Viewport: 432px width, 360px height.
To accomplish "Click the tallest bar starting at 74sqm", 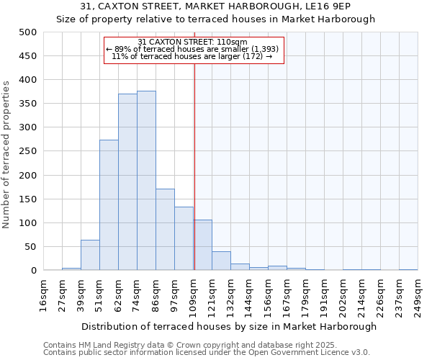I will tap(146, 181).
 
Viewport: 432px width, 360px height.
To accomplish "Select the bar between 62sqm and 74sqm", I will tap(127, 182).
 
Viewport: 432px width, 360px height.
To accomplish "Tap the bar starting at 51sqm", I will tap(109, 205).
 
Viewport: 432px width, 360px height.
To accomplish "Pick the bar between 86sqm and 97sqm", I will tap(165, 230).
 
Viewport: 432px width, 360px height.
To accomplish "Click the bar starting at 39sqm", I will tap(90, 256).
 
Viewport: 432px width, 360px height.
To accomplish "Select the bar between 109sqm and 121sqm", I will tap(203, 246).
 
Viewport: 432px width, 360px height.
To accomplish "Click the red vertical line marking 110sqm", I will tap(194, 166).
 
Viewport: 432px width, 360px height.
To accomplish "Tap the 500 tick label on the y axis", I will tap(28, 32).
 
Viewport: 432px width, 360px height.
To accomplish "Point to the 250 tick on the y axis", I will tap(28, 151).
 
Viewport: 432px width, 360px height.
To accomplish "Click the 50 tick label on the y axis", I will tap(31, 247).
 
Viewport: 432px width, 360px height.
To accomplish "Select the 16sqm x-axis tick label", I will tap(43, 295).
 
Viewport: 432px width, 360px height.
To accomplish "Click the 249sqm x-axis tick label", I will tap(418, 295).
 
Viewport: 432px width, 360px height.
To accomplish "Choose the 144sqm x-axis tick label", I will tap(249, 295).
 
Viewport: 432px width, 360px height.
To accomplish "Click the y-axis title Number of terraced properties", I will tap(7, 154).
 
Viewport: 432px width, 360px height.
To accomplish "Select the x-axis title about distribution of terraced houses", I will tap(229, 326).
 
